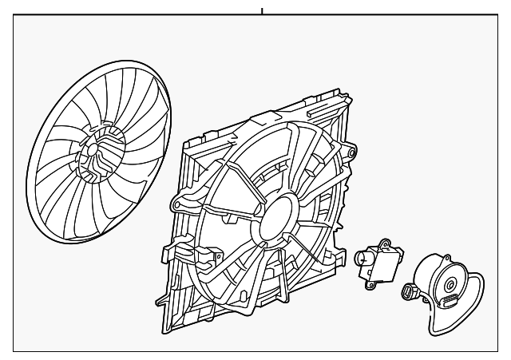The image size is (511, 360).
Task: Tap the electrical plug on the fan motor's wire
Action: pyautogui.click(x=409, y=292)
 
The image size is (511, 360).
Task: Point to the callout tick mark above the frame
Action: pyautogui.click(x=261, y=12)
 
